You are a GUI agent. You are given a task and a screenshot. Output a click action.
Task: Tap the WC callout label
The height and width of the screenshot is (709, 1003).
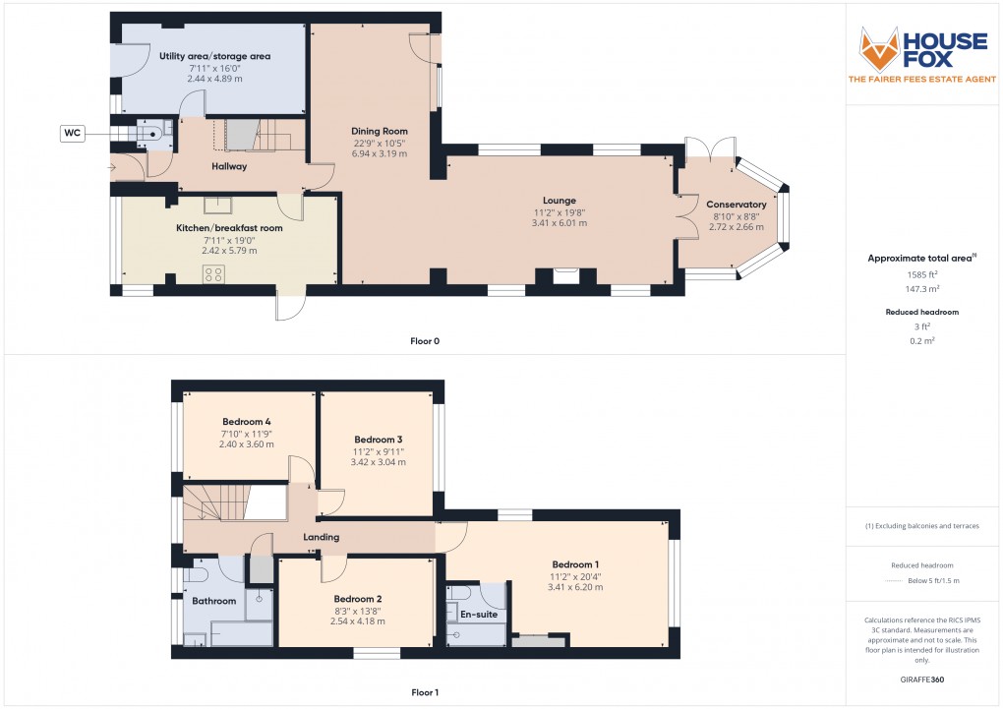pos(72,133)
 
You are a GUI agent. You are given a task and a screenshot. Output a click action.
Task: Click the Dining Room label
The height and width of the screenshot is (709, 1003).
pos(380,131)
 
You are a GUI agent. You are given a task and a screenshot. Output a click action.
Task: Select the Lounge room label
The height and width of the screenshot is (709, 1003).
pos(559,201)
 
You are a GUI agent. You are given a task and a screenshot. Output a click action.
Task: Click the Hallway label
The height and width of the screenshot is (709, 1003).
pos(229,166)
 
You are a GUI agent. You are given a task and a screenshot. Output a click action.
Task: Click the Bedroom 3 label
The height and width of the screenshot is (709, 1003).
pos(379,439)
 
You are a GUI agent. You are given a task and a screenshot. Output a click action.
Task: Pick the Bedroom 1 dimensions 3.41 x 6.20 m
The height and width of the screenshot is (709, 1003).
pos(575,587)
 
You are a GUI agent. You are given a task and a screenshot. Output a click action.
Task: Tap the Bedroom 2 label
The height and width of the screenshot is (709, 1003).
pos(357,599)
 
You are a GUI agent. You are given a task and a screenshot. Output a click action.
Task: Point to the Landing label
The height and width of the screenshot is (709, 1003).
pos(322,537)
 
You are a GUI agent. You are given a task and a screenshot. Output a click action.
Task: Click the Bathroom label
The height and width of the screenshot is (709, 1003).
pos(213,601)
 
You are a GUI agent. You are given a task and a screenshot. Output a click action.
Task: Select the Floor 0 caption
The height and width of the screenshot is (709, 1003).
pos(425,341)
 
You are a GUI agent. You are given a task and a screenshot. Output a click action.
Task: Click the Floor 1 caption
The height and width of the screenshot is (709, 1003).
pos(425,692)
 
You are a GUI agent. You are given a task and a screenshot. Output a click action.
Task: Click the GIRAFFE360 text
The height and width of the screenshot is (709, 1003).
pos(921,679)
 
